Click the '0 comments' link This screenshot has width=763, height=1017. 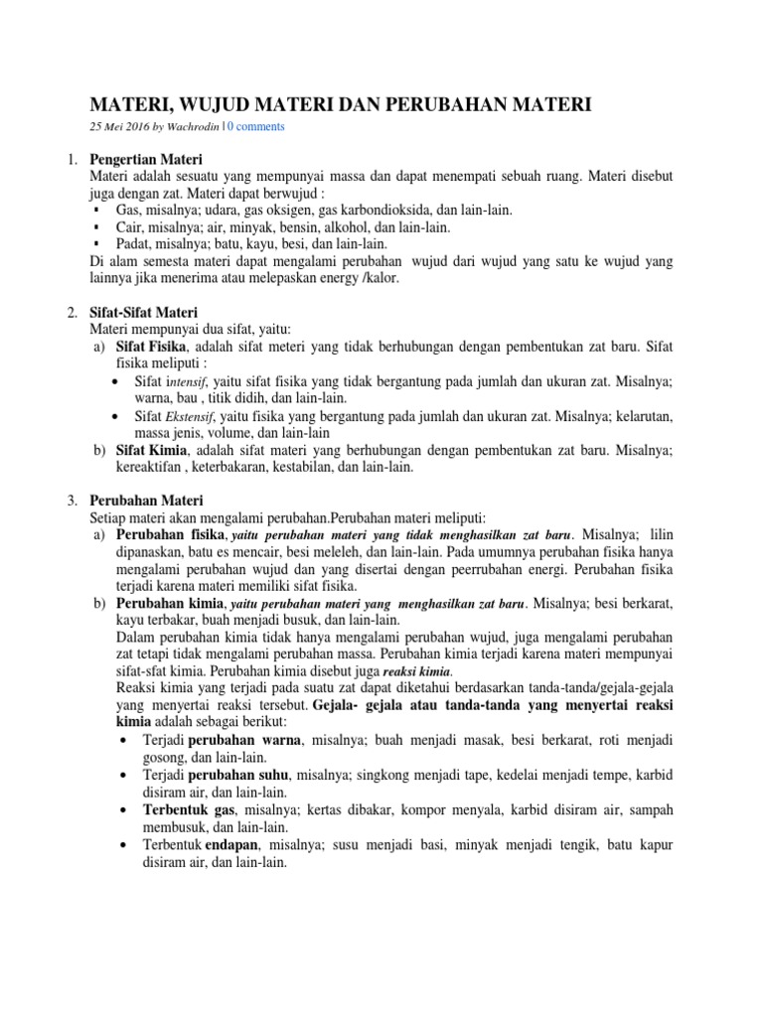pyautogui.click(x=258, y=127)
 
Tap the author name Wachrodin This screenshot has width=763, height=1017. pyautogui.click(x=196, y=127)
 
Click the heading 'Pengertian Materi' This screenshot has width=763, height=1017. pyautogui.click(x=146, y=159)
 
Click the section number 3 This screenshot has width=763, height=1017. pyautogui.click(x=72, y=500)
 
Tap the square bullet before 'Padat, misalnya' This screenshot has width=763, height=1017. pyautogui.click(x=95, y=243)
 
